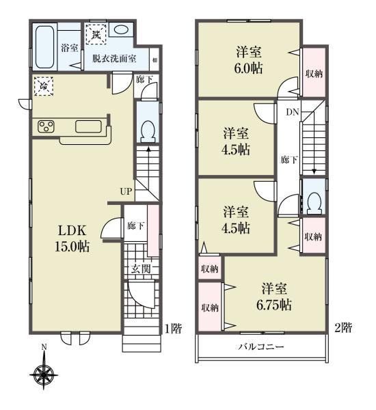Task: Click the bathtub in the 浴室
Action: pos(44,47)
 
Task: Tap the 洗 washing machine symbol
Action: pos(96,34)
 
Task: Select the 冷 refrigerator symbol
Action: pos(44,86)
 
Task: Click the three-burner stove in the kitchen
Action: pos(46,126)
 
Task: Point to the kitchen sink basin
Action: pos(88,126)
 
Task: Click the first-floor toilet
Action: pos(148,131)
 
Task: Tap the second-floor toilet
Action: pos(314,204)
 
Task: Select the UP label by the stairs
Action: pos(126,191)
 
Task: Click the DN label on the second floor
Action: pos(293,112)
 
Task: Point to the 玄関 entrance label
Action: pos(141,269)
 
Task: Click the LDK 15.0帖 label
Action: pos(72,238)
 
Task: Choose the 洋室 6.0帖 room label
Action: pos(249,60)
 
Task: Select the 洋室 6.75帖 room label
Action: pos(274,297)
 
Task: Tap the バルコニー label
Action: pos(261,347)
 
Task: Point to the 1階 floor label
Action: pos(173,329)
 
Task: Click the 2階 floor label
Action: pos(343,327)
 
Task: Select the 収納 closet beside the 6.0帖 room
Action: pos(314,73)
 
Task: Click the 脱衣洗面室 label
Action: pos(114,59)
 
